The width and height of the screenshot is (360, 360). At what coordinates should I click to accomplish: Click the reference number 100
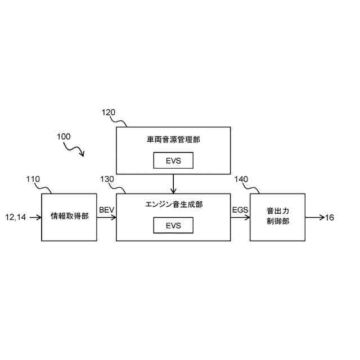(63, 137)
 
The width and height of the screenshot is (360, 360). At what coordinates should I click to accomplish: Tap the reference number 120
(109, 112)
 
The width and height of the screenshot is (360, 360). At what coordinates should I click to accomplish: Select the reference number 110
(33, 179)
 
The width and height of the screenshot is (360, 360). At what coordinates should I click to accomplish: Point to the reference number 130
(107, 179)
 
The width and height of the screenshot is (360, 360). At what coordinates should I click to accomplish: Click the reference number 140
(241, 179)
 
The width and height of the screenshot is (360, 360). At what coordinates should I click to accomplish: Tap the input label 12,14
(16, 217)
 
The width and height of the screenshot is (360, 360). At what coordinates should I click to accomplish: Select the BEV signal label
(106, 210)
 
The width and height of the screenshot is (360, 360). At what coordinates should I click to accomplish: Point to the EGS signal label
(240, 210)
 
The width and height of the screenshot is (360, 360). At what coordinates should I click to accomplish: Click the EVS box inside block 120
(173, 161)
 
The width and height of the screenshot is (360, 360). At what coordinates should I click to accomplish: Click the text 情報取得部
(69, 217)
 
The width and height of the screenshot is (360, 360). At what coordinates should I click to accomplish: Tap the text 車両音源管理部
(173, 139)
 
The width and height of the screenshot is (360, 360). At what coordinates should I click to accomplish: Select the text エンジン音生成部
(173, 204)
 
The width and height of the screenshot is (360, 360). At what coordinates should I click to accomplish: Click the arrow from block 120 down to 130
(173, 183)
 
